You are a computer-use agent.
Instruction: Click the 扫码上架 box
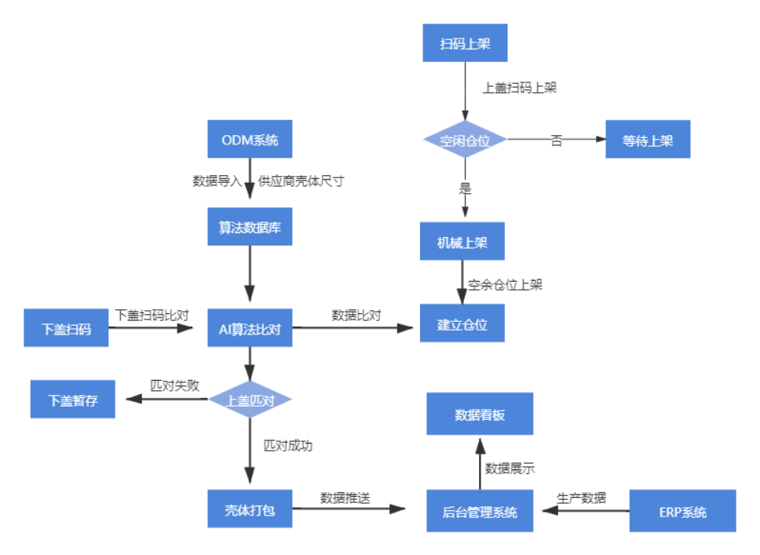click(x=465, y=42)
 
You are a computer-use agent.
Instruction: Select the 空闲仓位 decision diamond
click(x=465, y=141)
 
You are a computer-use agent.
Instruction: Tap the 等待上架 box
click(x=648, y=141)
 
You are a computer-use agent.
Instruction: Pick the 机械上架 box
click(x=462, y=242)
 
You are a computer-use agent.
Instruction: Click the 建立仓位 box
click(x=462, y=323)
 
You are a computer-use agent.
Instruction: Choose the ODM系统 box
click(x=250, y=140)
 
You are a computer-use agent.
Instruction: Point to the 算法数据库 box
click(x=250, y=228)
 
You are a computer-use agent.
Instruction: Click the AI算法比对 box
click(x=250, y=329)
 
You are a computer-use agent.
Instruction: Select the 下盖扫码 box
click(x=66, y=329)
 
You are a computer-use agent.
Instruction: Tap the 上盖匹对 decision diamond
click(x=250, y=400)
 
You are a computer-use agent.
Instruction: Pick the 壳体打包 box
click(x=250, y=509)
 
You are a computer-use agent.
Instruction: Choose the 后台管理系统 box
click(x=480, y=511)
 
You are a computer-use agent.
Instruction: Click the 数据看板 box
click(x=480, y=414)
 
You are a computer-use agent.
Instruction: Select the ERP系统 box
click(x=682, y=511)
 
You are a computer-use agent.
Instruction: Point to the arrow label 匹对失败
click(x=175, y=385)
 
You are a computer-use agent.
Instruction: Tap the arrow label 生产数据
click(x=581, y=497)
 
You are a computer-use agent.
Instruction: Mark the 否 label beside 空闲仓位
click(x=556, y=141)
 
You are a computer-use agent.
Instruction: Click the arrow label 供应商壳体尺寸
click(x=301, y=181)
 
